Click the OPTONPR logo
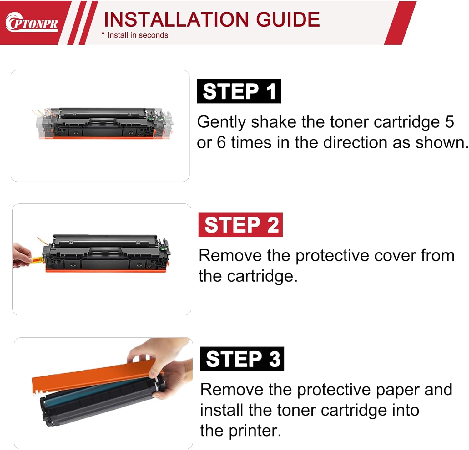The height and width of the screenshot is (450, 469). click(x=32, y=22)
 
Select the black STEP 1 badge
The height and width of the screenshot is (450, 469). click(x=239, y=91)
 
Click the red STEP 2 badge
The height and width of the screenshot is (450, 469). click(x=240, y=225)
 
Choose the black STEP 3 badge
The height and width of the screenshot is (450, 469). click(x=242, y=359)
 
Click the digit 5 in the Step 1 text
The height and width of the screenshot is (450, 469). click(x=450, y=122)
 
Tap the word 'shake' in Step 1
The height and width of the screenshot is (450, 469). click(x=274, y=122)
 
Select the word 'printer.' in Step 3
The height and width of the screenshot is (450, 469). click(x=255, y=431)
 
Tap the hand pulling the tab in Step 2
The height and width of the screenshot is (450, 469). click(x=22, y=256)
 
